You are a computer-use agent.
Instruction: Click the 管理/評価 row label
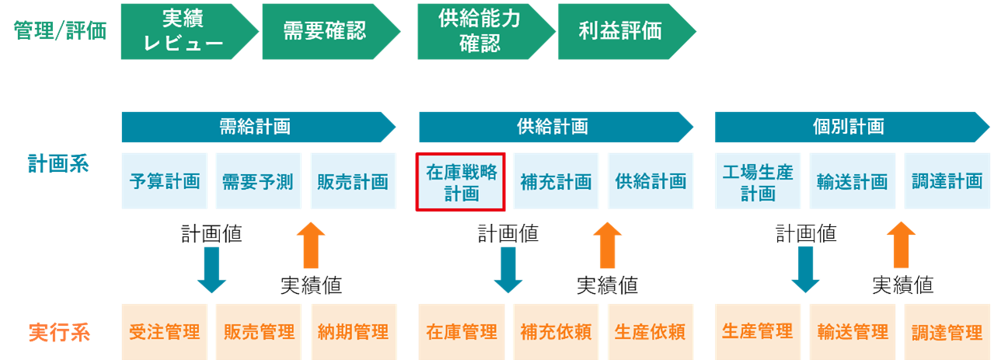[61, 32]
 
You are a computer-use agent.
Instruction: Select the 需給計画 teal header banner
[256, 127]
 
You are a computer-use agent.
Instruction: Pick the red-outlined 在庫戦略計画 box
[462, 182]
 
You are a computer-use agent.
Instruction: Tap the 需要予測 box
[258, 182]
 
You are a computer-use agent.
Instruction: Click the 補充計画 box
[556, 182]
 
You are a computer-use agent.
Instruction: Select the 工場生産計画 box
[758, 182]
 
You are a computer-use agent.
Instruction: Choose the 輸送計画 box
[852, 182]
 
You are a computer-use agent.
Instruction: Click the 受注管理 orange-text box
[164, 332]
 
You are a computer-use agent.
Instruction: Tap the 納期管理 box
[353, 332]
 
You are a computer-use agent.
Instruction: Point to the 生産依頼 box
[650, 332]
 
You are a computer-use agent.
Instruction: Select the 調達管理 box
[947, 332]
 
